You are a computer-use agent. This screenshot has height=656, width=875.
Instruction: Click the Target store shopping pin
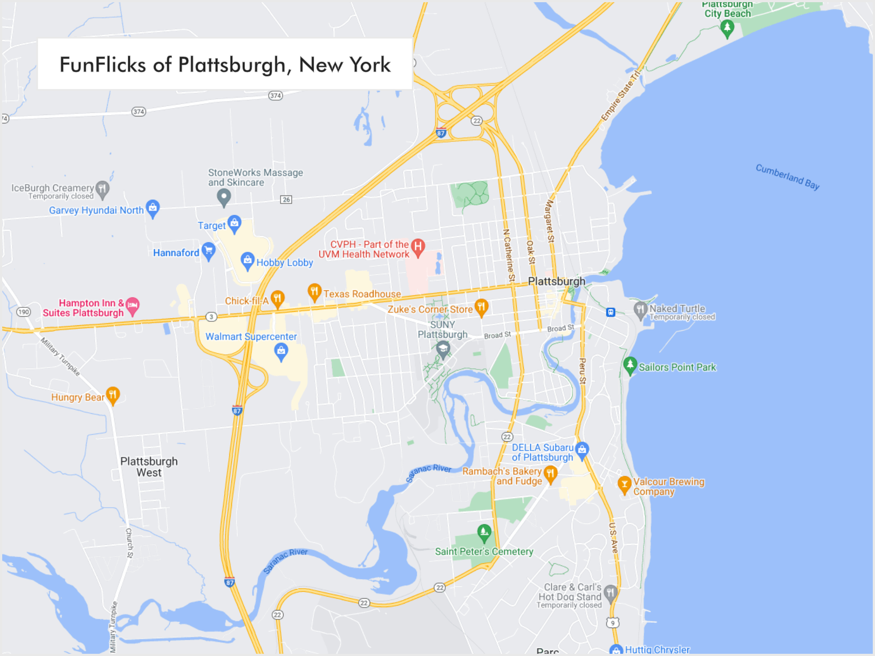click(234, 223)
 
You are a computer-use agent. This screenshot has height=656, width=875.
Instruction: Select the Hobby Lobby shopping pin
click(248, 260)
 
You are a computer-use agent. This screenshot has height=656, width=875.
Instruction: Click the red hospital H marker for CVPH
click(418, 247)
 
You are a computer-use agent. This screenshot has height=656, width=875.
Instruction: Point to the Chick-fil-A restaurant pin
click(277, 299)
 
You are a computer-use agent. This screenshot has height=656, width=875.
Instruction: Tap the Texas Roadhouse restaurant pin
click(314, 292)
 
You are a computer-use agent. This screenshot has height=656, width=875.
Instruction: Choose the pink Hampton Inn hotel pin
click(133, 305)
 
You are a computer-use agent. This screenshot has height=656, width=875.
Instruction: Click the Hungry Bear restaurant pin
click(113, 395)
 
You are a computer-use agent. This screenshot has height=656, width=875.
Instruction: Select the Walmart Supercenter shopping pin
click(281, 351)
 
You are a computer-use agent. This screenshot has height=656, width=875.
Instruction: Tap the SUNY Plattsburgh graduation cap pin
click(443, 349)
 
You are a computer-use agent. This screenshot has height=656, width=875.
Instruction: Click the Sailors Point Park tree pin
click(630, 365)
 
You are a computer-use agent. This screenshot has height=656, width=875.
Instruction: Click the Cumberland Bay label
click(787, 176)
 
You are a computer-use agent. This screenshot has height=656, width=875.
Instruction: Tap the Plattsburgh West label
click(149, 467)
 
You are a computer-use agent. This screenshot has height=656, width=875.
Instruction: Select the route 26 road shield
click(286, 199)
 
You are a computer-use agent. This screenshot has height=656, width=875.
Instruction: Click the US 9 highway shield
click(613, 623)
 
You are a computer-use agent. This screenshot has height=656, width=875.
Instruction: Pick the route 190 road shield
click(24, 312)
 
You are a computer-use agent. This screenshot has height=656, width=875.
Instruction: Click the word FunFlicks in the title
click(103, 65)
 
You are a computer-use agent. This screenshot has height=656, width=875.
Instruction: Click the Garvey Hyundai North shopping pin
click(153, 208)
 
